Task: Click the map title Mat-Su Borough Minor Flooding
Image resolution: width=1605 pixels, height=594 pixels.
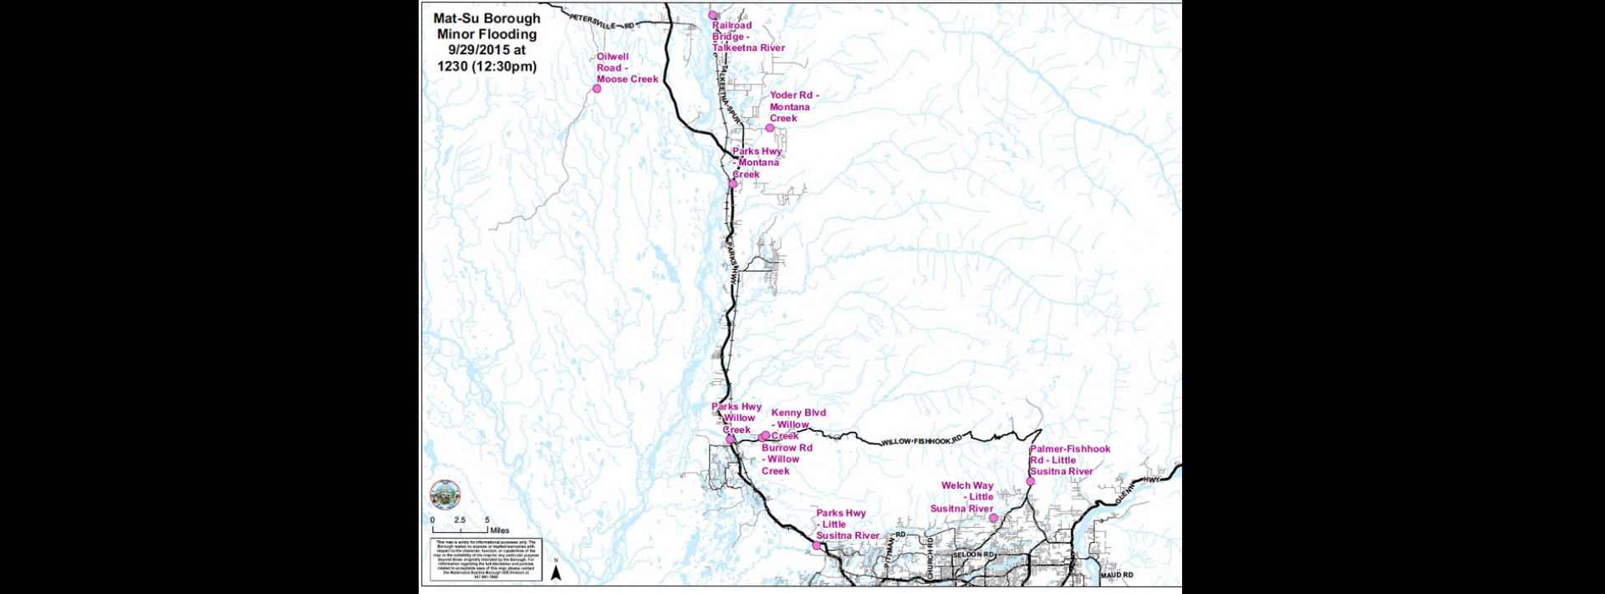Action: click(487, 42)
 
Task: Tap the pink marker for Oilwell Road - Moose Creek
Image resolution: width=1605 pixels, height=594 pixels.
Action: click(597, 89)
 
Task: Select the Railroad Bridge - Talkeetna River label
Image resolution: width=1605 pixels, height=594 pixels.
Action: click(747, 37)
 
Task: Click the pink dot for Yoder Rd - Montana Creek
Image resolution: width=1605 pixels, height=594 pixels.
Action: click(770, 128)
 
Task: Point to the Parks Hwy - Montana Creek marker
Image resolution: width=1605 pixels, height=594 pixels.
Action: click(733, 184)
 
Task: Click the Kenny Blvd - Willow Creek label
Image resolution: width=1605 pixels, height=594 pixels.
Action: click(797, 424)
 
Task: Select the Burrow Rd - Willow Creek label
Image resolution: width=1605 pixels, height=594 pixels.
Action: click(786, 459)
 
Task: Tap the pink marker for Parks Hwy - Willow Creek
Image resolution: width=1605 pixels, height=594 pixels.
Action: click(730, 439)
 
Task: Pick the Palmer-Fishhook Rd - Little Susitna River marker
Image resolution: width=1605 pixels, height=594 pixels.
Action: click(1030, 481)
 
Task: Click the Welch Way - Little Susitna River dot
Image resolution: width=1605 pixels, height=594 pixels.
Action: click(993, 518)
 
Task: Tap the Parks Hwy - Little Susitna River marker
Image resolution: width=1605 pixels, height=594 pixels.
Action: click(817, 546)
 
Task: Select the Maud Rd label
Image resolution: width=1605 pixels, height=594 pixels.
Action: click(1117, 575)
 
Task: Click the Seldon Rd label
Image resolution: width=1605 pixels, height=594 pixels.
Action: click(975, 555)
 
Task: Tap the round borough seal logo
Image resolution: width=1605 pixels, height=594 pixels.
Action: click(445, 495)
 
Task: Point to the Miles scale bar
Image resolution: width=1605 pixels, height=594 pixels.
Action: click(460, 530)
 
